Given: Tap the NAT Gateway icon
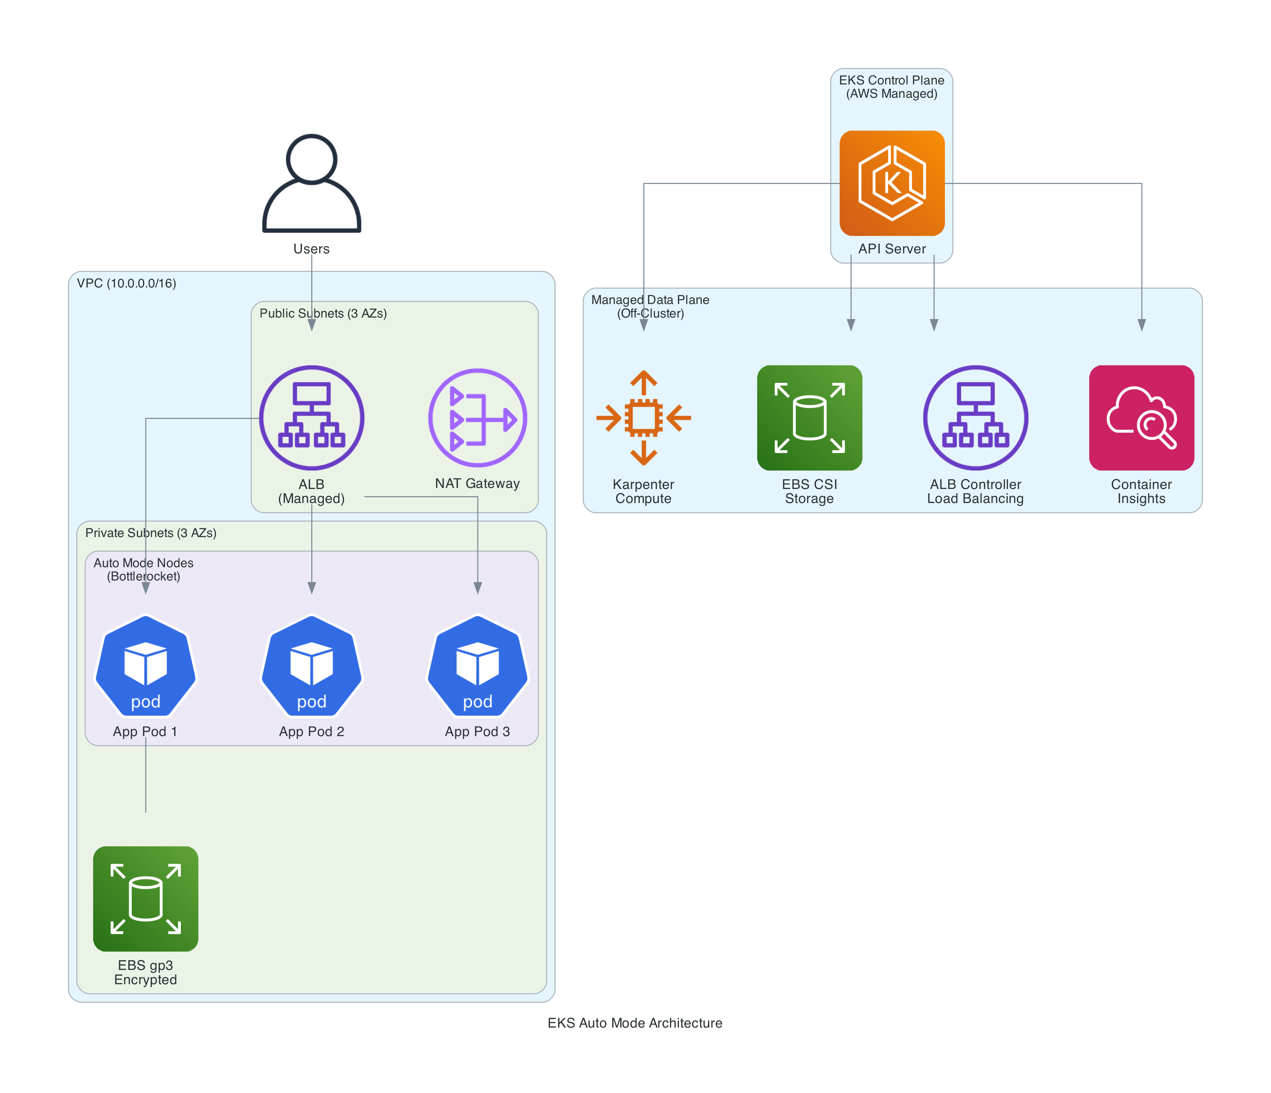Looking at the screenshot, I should coord(477,418).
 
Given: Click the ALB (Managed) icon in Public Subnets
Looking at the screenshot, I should coord(312,418).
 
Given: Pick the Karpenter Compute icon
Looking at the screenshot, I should coord(644,418).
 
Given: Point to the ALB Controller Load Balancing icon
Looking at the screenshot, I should coord(975,418).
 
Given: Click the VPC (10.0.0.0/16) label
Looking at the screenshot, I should coord(126,283).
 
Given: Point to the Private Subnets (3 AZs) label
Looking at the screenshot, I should coord(151,533).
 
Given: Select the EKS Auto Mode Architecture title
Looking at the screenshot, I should coord(635,1023).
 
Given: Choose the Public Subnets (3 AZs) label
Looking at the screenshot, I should coord(323,314).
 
